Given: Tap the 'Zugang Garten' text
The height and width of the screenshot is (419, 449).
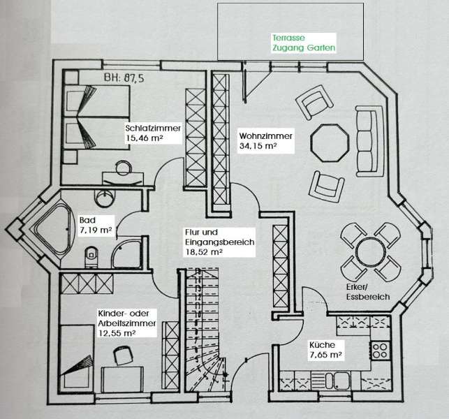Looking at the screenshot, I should pos(304,49).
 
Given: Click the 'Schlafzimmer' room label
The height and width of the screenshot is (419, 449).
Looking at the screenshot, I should pos(154,128).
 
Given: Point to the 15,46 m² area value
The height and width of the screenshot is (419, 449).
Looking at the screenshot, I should pos(145,139).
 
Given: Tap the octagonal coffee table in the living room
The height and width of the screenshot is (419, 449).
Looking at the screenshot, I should pos(327,142).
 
